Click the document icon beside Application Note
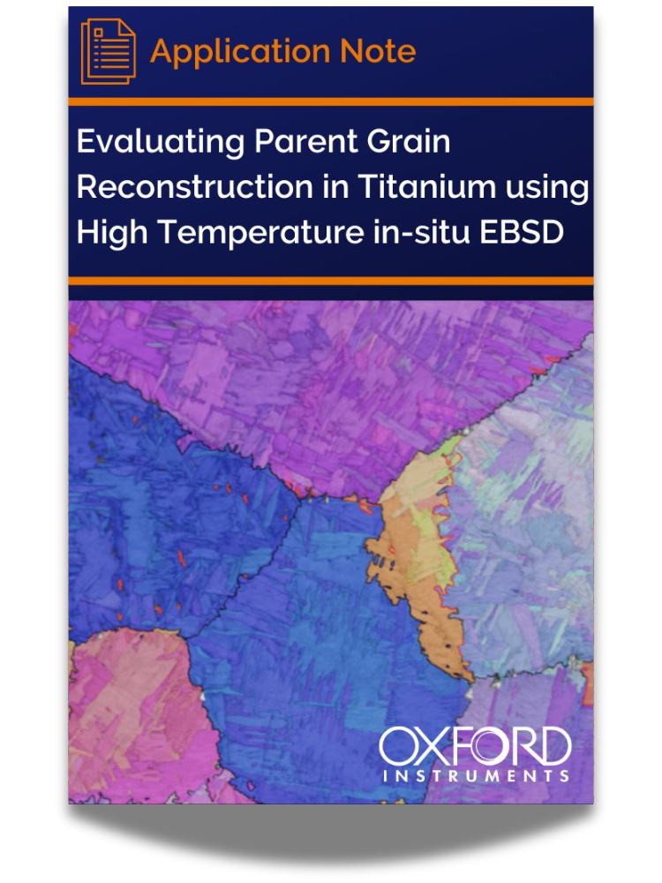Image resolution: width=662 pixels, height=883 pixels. tap(108, 52)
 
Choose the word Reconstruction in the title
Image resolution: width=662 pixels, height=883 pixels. tap(184, 188)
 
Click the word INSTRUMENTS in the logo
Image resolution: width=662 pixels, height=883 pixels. tap(475, 776)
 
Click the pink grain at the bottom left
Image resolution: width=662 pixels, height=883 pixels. tap(132, 706)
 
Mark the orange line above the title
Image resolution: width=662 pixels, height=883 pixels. tap(331, 102)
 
